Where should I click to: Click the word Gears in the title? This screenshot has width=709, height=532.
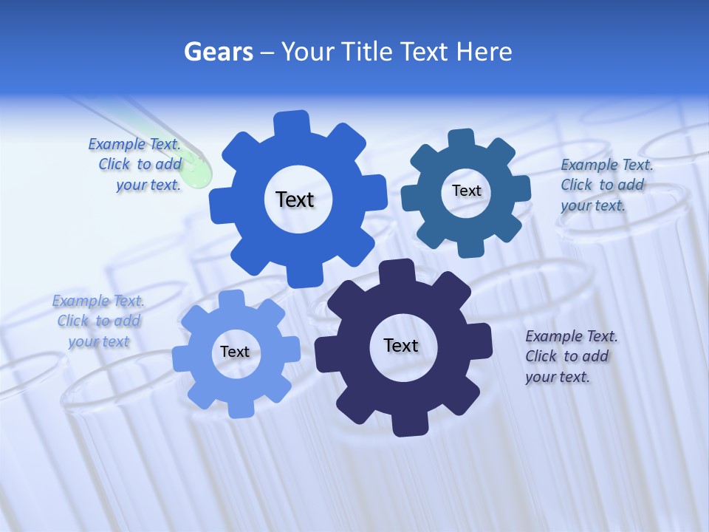tap(218, 52)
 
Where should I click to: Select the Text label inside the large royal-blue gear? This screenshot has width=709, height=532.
tap(295, 199)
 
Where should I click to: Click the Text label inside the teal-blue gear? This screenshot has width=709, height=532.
tap(466, 191)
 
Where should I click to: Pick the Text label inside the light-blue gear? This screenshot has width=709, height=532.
tap(234, 352)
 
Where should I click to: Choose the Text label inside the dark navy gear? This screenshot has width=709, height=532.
tap(400, 345)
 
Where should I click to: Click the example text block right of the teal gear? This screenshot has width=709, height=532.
tap(606, 185)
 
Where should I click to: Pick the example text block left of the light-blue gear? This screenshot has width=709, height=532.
tap(98, 321)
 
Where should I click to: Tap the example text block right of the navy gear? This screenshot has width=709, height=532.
tap(570, 356)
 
